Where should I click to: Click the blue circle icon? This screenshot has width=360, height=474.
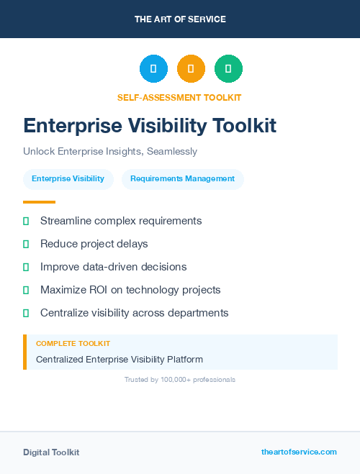(153, 68)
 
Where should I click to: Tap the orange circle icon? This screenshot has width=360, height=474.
(191, 68)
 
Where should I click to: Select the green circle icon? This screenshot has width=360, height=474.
(228, 68)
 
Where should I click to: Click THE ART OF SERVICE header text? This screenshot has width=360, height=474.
(180, 19)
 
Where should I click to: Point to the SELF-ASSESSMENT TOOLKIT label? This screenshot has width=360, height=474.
(179, 97)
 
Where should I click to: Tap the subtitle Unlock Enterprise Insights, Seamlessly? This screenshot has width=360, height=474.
(110, 152)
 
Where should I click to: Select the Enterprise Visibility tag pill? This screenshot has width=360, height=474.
(68, 178)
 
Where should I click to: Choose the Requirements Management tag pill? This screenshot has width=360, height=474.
(182, 178)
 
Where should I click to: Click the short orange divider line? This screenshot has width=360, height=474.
(39, 202)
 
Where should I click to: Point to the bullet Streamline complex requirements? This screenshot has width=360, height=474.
(121, 221)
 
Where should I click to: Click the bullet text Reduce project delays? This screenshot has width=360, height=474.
(94, 244)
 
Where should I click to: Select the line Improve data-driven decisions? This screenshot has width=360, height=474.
(113, 267)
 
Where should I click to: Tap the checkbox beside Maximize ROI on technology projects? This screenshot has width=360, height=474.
(26, 290)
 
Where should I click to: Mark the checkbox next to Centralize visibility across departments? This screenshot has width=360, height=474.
(26, 313)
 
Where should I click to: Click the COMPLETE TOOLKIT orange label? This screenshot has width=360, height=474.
(73, 344)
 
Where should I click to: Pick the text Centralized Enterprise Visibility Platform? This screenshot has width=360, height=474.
(120, 359)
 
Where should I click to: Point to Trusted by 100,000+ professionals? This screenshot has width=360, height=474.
(180, 379)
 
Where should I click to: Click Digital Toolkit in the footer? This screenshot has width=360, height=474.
(51, 452)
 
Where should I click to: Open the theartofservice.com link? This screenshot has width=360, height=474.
(299, 452)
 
